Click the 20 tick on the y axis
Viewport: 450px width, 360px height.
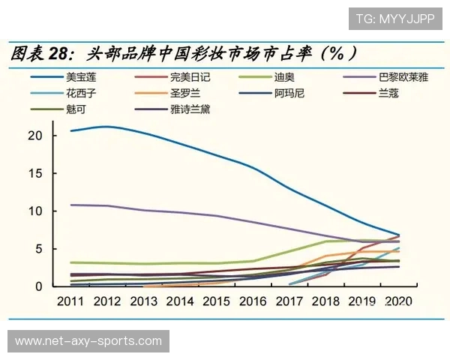coord(32,136)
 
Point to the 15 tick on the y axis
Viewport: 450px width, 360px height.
coord(32,173)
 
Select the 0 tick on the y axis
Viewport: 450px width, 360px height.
coord(36,286)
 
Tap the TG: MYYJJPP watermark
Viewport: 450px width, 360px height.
coord(393,19)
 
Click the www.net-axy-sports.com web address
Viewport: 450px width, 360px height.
coord(88,341)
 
